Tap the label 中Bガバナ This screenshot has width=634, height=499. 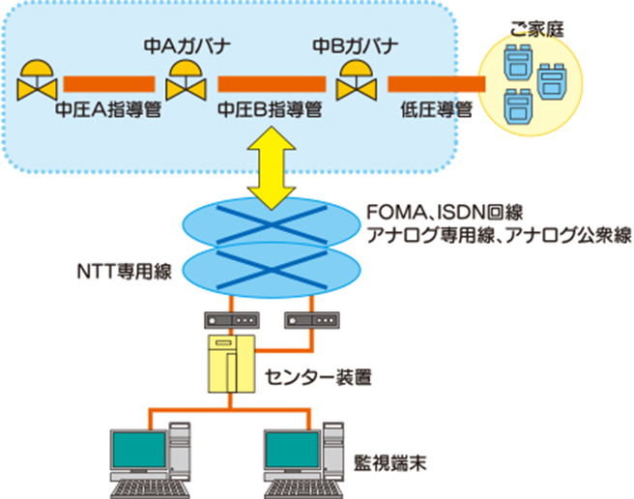[x=354, y=45]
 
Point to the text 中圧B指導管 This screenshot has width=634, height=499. [x=269, y=109]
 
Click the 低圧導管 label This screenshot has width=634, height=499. [x=435, y=109]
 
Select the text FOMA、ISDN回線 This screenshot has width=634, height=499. [x=444, y=212]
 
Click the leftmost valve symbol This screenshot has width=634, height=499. [x=37, y=81]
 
